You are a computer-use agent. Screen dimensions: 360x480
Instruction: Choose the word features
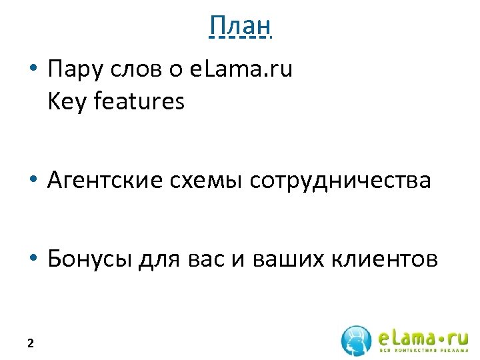[139, 101]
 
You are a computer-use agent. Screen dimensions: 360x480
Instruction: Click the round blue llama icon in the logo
[356, 340]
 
